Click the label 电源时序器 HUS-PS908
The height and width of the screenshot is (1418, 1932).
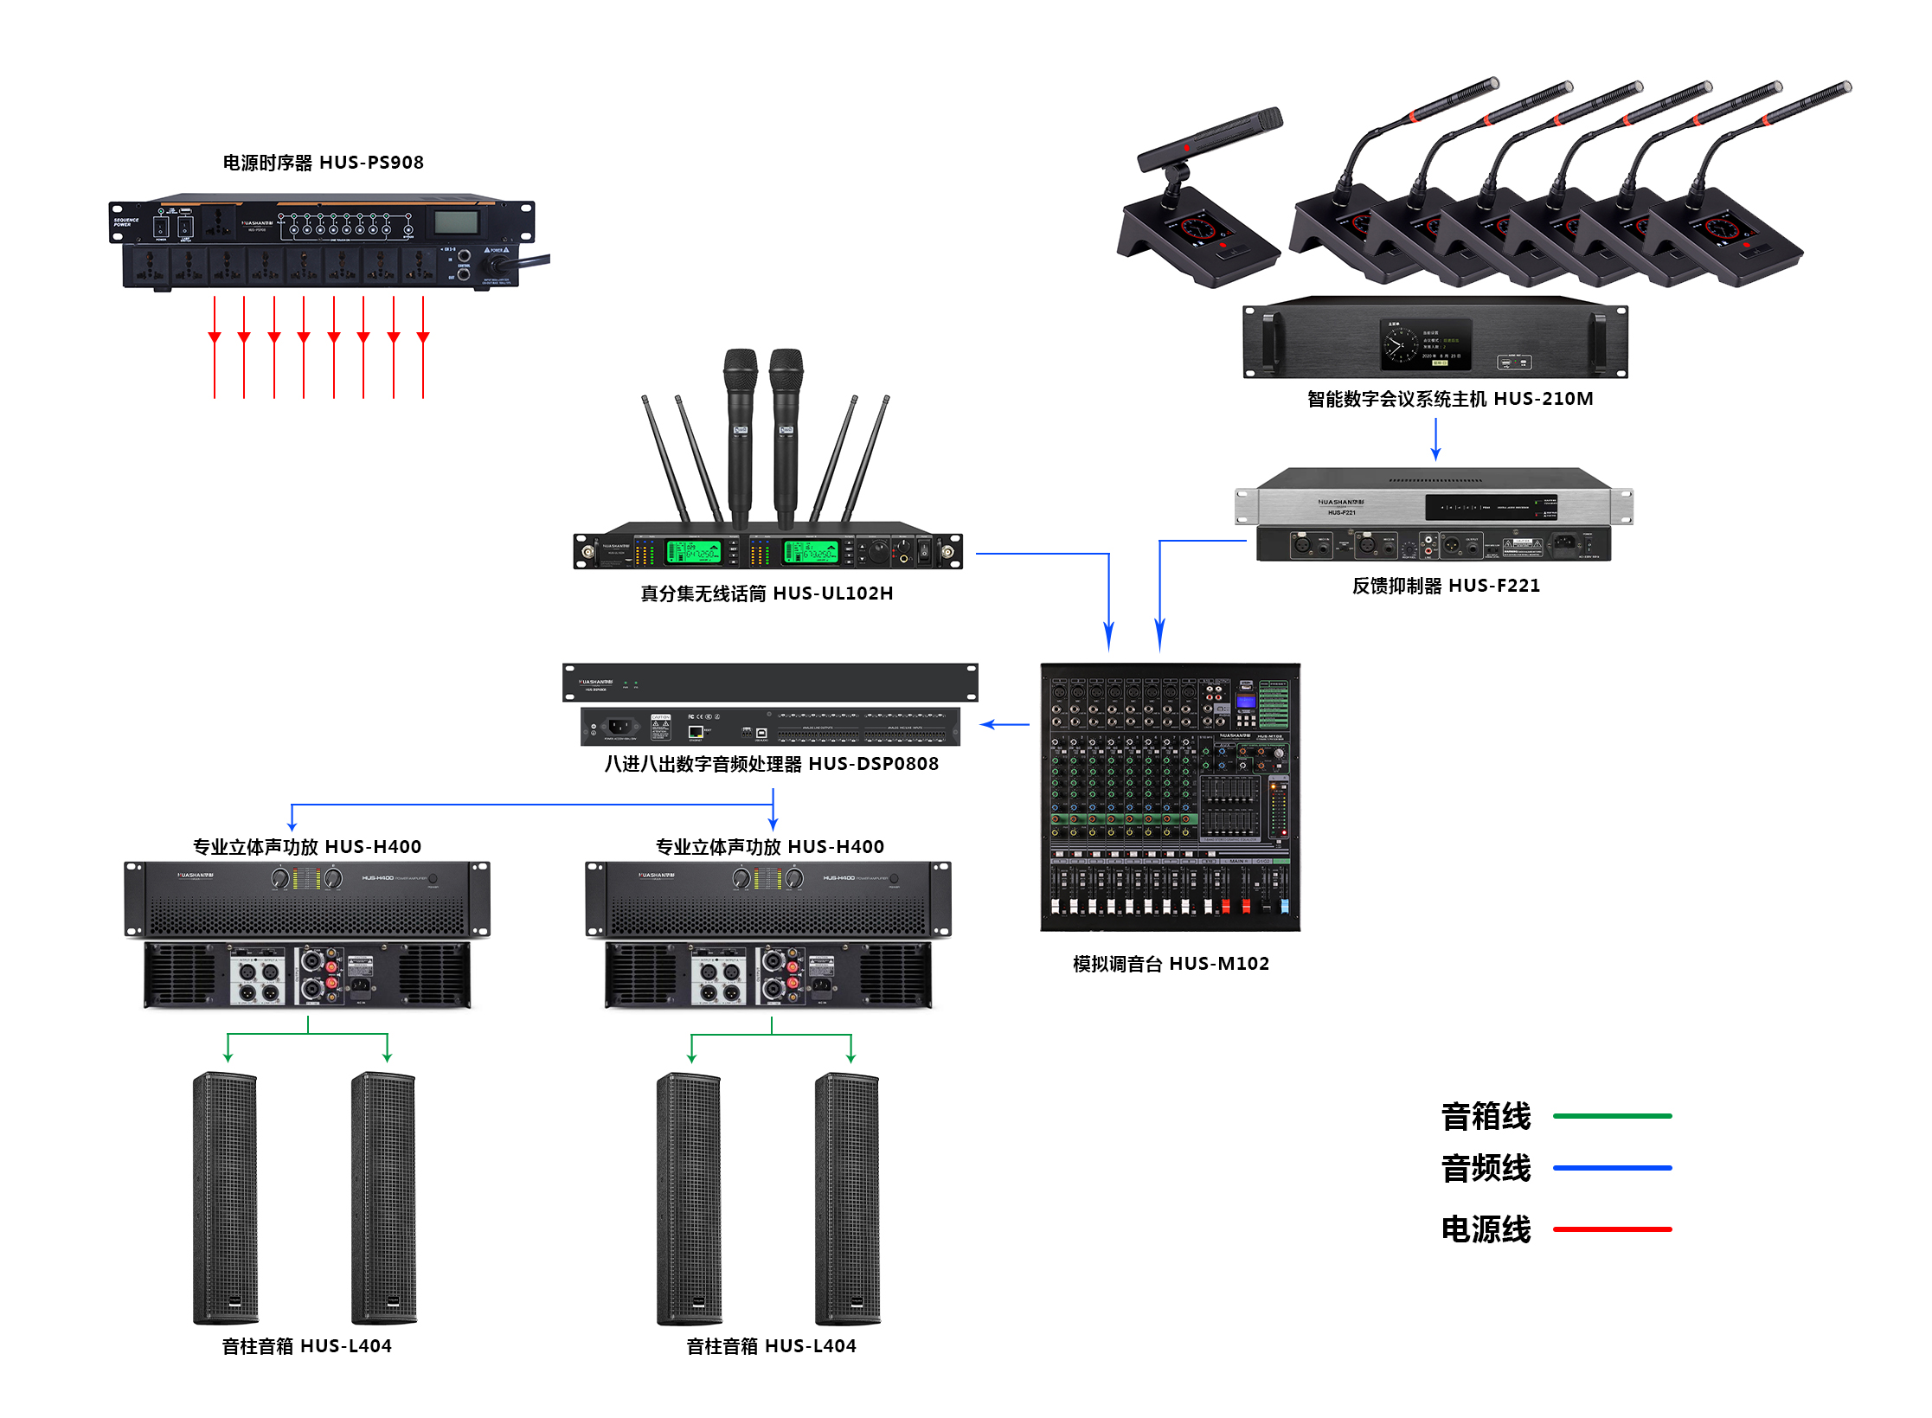click(x=323, y=163)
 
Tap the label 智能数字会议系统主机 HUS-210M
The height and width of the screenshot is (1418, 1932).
click(x=1449, y=399)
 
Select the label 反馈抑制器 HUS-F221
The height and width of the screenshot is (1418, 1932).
click(x=1446, y=586)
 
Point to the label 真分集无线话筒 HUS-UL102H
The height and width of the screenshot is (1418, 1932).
click(x=766, y=594)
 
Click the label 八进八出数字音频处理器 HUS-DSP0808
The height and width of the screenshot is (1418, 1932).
click(x=771, y=764)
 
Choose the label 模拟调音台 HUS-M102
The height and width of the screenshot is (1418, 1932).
click(x=1170, y=964)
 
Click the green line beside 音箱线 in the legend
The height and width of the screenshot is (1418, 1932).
click(x=1612, y=1116)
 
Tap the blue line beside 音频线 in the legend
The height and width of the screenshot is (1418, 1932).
click(x=1612, y=1168)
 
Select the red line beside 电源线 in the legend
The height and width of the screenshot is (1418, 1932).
click(x=1612, y=1229)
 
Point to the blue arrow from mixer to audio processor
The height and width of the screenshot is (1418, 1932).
click(x=1005, y=724)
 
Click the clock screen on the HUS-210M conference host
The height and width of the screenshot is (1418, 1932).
click(x=1424, y=343)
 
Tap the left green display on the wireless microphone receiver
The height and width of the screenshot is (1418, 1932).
click(x=693, y=551)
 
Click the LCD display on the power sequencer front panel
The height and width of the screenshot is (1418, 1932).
click(x=456, y=222)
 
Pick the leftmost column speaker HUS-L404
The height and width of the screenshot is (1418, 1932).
click(x=225, y=1198)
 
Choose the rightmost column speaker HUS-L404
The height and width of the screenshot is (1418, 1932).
click(x=847, y=1198)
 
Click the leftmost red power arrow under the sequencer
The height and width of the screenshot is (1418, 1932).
click(x=215, y=346)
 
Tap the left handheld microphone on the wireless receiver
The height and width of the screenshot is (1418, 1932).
click(x=741, y=433)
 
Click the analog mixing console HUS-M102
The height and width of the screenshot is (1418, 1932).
click(x=1170, y=797)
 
